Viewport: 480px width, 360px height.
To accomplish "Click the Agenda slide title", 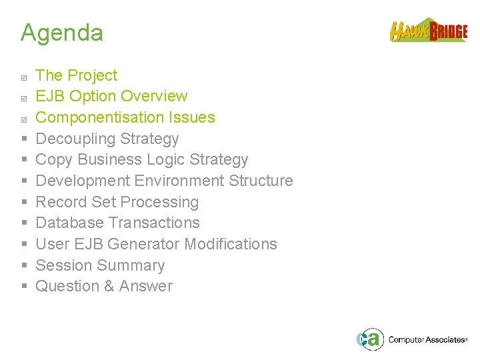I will click(x=61, y=33).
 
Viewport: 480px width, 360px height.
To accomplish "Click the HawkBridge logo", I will click(x=428, y=31).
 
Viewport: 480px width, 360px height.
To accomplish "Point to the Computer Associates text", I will click(x=427, y=340).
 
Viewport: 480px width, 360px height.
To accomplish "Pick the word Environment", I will click(x=179, y=181).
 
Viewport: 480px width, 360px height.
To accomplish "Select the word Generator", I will click(x=143, y=244).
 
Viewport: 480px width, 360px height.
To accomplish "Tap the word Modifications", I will click(x=231, y=244).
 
